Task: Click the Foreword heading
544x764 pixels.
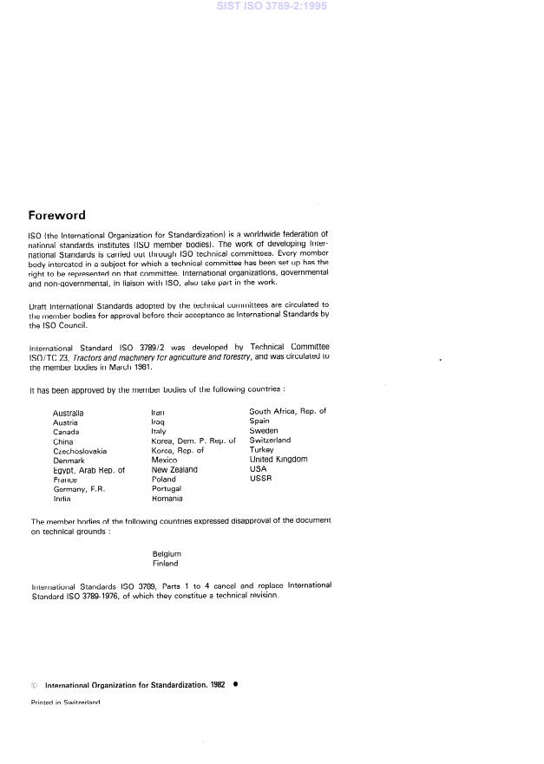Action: pyautogui.click(x=56, y=215)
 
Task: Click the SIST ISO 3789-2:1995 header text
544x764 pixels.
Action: pyautogui.click(x=272, y=7)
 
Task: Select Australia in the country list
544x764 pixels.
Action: pyautogui.click(x=69, y=414)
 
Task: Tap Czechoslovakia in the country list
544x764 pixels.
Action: pyautogui.click(x=80, y=451)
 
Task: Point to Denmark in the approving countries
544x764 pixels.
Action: pyautogui.click(x=69, y=460)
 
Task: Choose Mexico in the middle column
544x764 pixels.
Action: pyautogui.click(x=164, y=460)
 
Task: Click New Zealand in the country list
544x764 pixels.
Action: pyautogui.click(x=174, y=470)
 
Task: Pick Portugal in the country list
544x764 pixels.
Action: pyautogui.click(x=167, y=489)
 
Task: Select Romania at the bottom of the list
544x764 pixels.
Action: pyautogui.click(x=167, y=499)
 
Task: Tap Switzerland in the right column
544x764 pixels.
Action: pyautogui.click(x=270, y=441)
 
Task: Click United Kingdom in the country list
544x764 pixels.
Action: pyautogui.click(x=279, y=460)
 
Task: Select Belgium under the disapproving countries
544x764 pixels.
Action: pyautogui.click(x=167, y=553)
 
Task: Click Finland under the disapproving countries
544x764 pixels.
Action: pyautogui.click(x=165, y=563)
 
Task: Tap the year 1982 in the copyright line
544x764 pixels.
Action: pyautogui.click(x=217, y=684)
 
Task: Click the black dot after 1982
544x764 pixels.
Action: pyautogui.click(x=235, y=683)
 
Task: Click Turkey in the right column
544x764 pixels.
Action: pyautogui.click(x=261, y=450)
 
